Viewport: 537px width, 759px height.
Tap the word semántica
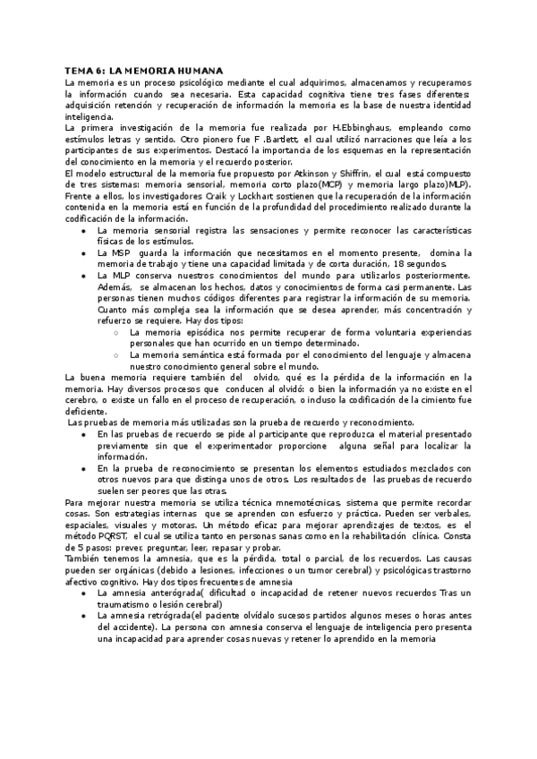pyautogui.click(x=197, y=354)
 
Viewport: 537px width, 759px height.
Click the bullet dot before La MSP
pyautogui.click(x=82, y=252)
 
